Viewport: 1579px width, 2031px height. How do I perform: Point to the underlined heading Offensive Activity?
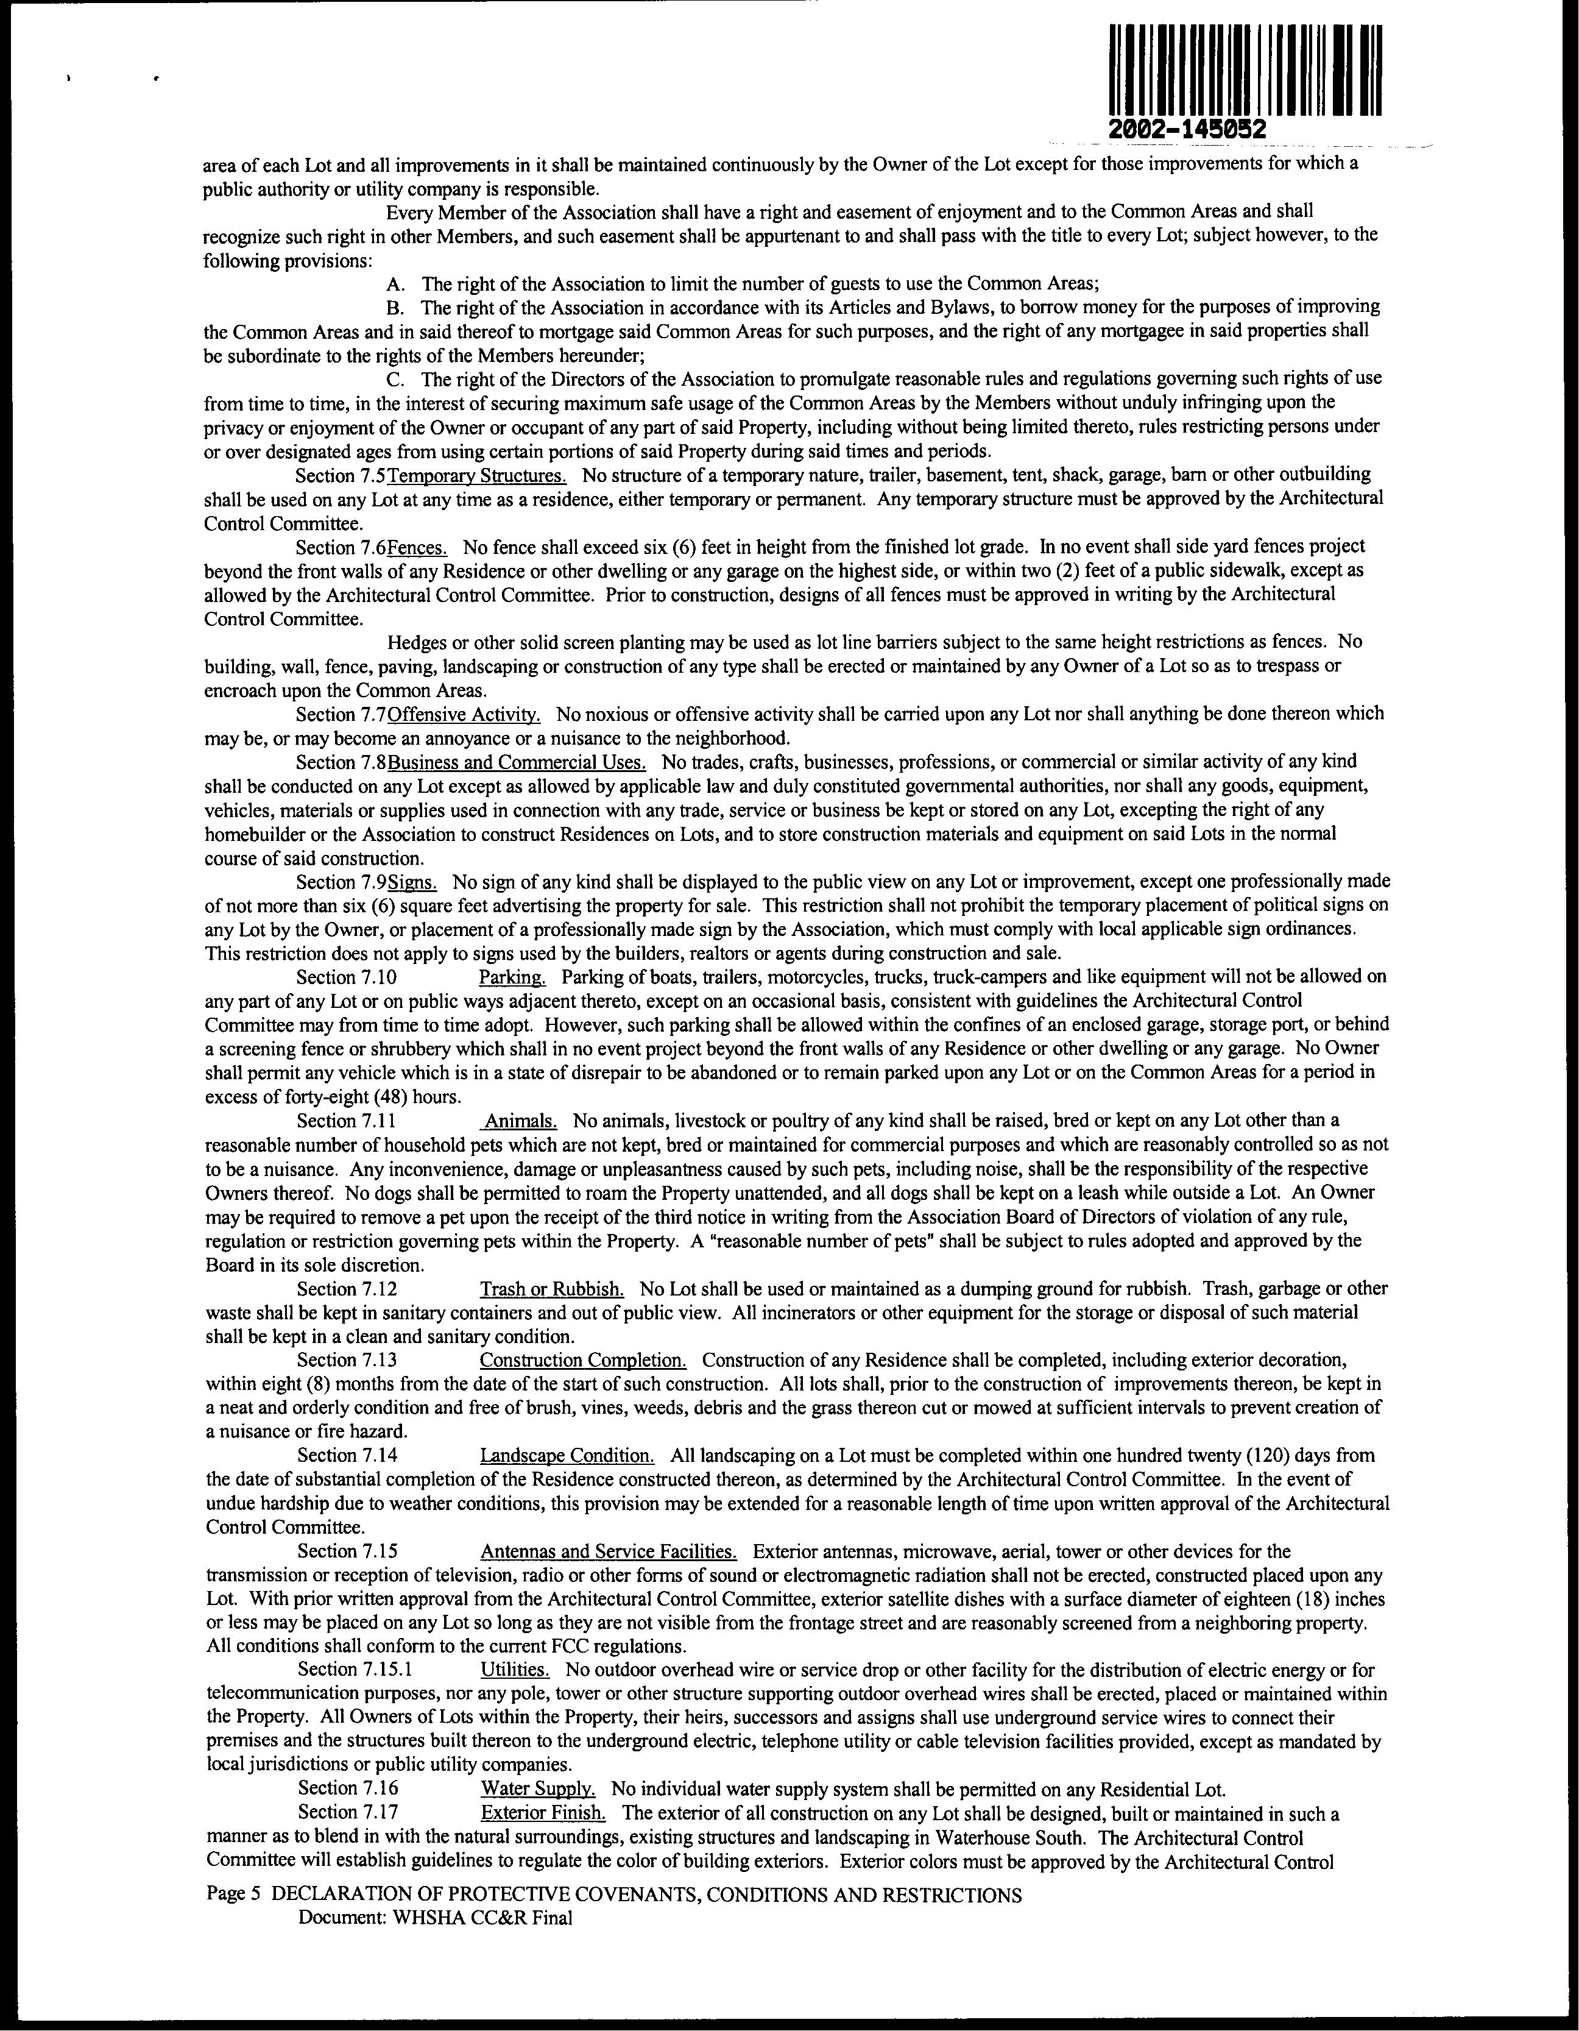pos(464,714)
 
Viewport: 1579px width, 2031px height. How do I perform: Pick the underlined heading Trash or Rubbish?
pos(551,1289)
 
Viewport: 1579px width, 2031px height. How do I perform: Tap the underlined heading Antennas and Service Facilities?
pos(608,1551)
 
